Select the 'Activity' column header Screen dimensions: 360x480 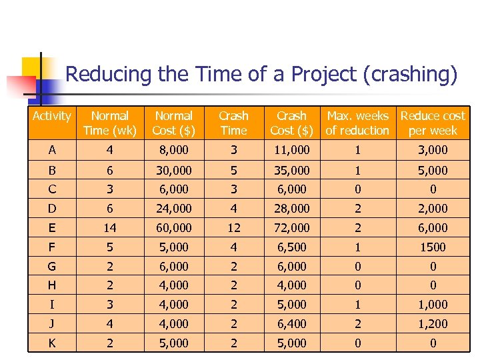point(51,117)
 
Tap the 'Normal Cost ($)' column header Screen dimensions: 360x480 point(173,123)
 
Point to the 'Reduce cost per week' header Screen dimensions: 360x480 point(433,123)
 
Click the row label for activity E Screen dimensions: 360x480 point(52,228)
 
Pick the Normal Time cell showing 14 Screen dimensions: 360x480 point(110,228)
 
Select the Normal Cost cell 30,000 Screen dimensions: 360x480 point(173,171)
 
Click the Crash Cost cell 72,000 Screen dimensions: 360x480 point(291,228)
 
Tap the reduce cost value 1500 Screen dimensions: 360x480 point(433,247)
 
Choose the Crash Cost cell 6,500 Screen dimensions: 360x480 point(291,247)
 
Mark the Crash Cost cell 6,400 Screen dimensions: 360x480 point(291,324)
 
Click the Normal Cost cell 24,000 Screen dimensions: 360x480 point(173,209)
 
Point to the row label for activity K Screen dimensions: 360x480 point(52,343)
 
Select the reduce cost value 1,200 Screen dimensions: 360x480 point(433,324)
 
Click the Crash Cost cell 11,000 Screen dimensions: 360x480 point(291,150)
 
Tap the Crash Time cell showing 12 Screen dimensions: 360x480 point(233,228)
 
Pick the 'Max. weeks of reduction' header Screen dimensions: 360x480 point(357,123)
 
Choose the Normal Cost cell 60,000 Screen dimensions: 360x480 point(173,228)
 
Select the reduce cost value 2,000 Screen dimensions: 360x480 point(433,209)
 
